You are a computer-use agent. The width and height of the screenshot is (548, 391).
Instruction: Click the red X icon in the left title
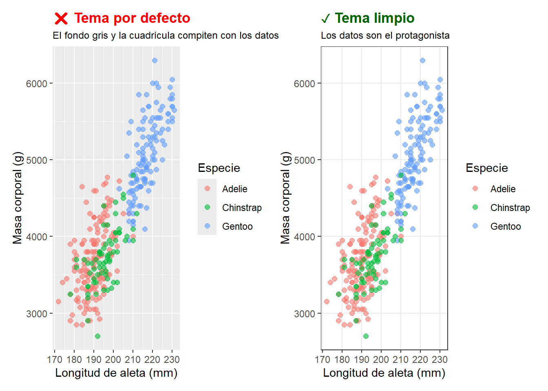tap(61, 18)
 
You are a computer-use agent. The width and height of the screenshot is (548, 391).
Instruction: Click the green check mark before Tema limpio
tap(325, 19)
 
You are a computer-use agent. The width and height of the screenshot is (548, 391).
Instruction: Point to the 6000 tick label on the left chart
tap(37, 83)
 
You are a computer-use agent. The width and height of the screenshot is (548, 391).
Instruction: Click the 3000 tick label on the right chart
tap(305, 314)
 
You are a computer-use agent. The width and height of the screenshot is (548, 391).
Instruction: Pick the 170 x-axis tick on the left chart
tap(55, 360)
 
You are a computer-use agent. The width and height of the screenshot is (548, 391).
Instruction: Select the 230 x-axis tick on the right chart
tap(440, 360)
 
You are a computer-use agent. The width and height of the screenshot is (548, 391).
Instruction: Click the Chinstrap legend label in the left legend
tap(242, 208)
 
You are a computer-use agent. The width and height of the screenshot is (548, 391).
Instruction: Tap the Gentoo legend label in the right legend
tap(506, 226)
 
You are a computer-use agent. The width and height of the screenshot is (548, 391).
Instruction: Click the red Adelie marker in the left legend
tap(207, 188)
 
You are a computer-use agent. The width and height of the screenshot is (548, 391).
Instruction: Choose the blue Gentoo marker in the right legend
tap(475, 226)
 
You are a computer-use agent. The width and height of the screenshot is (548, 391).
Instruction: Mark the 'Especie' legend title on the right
tap(487, 168)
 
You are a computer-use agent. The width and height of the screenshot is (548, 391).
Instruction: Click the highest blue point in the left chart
tap(155, 61)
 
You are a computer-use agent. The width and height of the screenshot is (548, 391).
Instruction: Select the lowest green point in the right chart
tap(366, 336)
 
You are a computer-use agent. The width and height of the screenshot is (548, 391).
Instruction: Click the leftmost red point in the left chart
tap(58, 302)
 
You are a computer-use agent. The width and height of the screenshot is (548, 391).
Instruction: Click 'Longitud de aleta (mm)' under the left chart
tap(116, 373)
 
